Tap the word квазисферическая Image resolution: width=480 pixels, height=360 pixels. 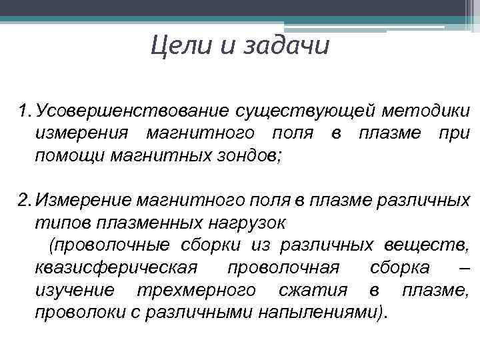pyautogui.click(x=116, y=268)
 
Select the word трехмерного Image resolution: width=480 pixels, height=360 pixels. pyautogui.click(x=195, y=291)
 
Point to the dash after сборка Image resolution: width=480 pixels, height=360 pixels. pyautogui.click(x=465, y=268)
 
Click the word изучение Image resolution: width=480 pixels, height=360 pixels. pyautogui.click(x=74, y=291)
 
